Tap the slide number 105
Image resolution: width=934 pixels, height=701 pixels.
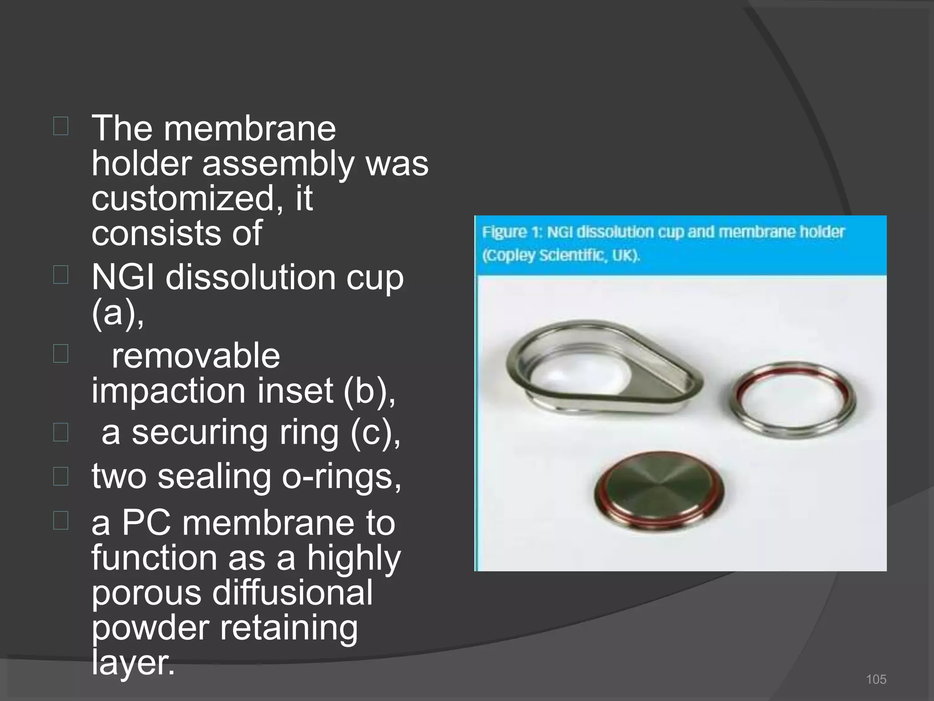(876, 679)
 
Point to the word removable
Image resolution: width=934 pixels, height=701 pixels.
(196, 356)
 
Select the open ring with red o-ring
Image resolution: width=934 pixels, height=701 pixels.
(794, 399)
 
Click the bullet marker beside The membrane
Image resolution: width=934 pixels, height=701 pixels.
(61, 126)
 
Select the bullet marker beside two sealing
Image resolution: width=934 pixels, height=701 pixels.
(61, 476)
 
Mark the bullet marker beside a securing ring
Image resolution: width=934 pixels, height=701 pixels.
(61, 432)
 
